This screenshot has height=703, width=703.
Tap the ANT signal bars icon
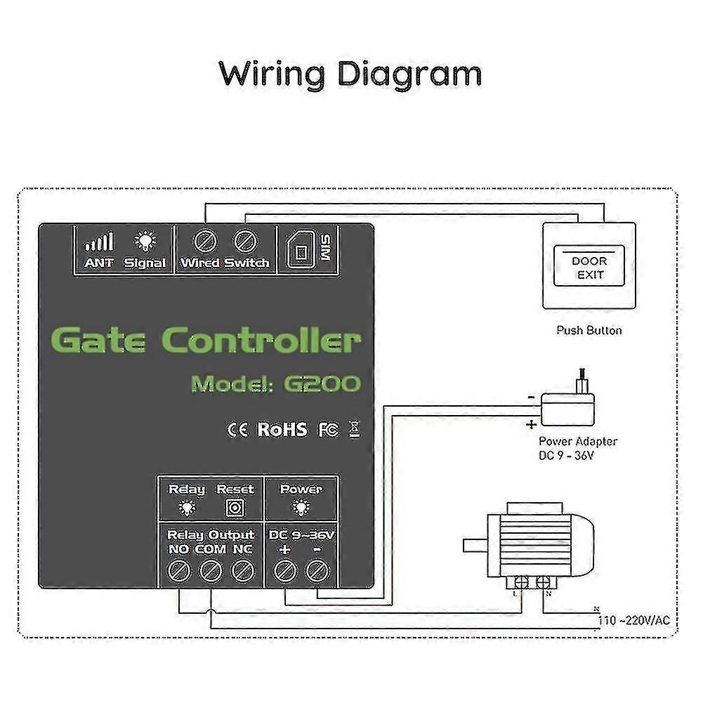pos(99,243)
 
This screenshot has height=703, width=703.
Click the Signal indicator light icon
pos(145,242)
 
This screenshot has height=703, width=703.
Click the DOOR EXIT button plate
pos(589,267)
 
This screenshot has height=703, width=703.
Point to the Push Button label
pos(589,330)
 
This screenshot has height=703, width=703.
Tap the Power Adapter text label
pos(577,442)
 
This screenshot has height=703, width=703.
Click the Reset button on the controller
pos(234,507)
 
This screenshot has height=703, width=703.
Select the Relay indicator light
pos(187,507)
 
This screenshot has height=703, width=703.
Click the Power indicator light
pos(301,507)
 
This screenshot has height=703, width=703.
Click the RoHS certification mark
pos(282,429)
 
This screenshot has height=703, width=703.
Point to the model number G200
pos(322,383)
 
